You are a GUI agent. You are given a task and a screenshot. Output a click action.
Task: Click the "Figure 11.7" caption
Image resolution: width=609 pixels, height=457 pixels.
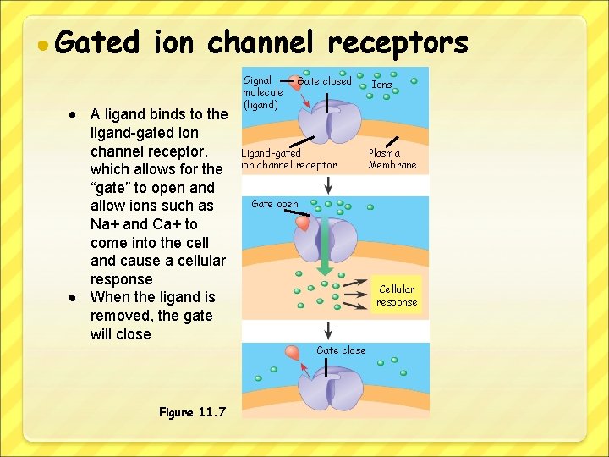192,412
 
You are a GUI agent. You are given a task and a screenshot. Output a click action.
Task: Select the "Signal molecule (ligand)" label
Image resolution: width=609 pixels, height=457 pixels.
262,93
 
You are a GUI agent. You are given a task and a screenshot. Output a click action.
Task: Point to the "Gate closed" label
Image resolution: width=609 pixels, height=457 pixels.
324,81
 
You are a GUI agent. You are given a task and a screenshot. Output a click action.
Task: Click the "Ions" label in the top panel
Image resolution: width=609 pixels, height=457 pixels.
382,85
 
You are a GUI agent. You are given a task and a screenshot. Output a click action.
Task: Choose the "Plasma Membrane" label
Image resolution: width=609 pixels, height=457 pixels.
392,159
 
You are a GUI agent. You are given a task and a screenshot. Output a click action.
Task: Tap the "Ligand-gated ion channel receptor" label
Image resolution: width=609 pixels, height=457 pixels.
288,159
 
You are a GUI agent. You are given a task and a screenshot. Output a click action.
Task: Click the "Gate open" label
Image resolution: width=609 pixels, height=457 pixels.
275,204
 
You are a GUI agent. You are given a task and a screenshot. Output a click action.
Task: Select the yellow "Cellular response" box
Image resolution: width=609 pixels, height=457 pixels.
397,295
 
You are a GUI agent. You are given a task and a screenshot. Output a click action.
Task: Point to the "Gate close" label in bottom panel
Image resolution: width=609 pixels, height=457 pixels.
341,350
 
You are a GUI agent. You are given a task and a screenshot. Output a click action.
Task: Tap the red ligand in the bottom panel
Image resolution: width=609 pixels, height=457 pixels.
294,352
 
